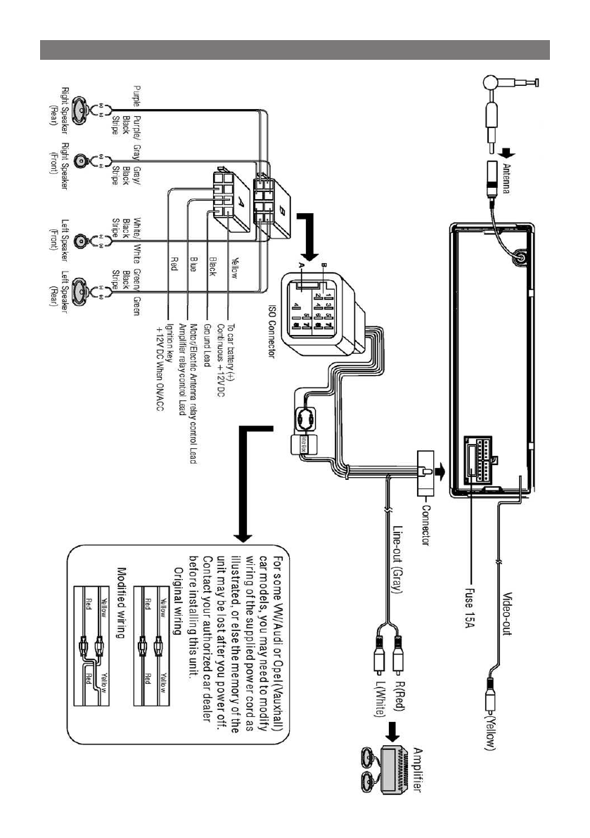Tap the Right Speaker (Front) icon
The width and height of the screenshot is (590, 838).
tap(81, 161)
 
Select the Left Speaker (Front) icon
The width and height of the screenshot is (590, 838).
tap(81, 241)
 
